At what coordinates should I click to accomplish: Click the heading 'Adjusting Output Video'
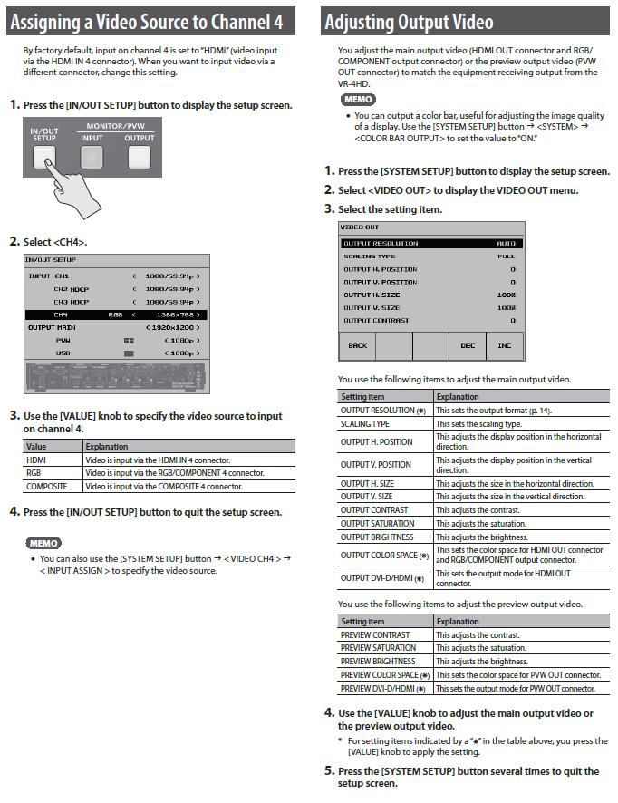[409, 21]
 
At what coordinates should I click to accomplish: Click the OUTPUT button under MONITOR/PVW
[139, 157]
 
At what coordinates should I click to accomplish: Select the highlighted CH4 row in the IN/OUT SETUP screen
[116, 314]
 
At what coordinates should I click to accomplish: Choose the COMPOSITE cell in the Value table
[45, 486]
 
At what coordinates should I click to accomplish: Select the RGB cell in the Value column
[34, 473]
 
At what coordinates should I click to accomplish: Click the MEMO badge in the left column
[43, 543]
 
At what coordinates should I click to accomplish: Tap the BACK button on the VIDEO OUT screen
[357, 345]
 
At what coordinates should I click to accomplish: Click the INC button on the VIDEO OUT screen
[504, 345]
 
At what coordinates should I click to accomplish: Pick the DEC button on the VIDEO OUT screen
[468, 345]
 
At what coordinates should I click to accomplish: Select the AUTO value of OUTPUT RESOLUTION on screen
[506, 243]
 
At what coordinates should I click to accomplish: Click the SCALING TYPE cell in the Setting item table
[365, 423]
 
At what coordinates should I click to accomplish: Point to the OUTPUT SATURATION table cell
[378, 523]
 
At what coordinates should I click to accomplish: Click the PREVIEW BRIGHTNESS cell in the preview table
[378, 661]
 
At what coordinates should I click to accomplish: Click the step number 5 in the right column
[330, 771]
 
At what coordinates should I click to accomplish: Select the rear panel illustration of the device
[116, 378]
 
